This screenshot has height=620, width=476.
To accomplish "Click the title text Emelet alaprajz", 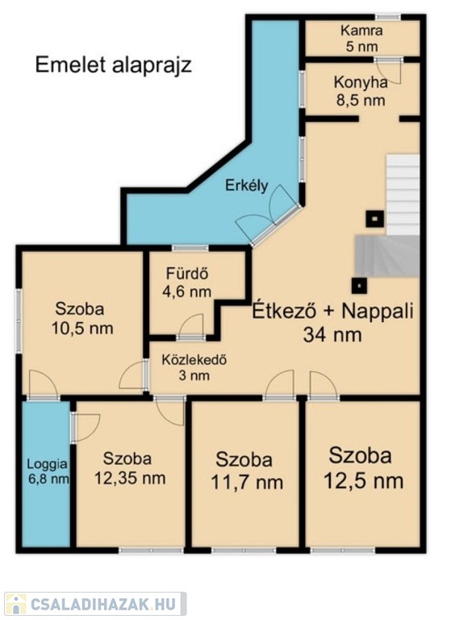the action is click(114, 65).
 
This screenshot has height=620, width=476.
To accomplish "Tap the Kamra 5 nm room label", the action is click(361, 39).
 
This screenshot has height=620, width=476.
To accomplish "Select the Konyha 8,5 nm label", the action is click(361, 91).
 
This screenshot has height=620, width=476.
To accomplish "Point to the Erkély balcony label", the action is click(247, 186).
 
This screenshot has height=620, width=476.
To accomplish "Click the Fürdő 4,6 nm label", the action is click(187, 283).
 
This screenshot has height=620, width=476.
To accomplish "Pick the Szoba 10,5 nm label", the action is click(82, 318).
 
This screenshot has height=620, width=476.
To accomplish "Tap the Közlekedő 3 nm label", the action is click(194, 368).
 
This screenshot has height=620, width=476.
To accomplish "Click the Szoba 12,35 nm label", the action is click(130, 468).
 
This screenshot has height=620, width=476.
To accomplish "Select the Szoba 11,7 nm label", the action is click(247, 471).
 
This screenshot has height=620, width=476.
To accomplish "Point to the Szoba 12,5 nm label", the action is click(363, 468).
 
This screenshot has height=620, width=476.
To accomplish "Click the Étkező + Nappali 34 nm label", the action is click(333, 322).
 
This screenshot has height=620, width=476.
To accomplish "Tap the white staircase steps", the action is click(403, 195).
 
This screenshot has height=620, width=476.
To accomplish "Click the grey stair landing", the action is click(387, 256).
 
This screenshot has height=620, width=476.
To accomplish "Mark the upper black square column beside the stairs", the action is click(374, 218).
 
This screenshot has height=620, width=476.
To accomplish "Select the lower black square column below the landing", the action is click(359, 285).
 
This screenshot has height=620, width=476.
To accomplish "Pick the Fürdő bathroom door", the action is click(191, 326).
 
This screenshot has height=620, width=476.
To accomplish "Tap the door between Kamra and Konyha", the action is click(389, 71).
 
